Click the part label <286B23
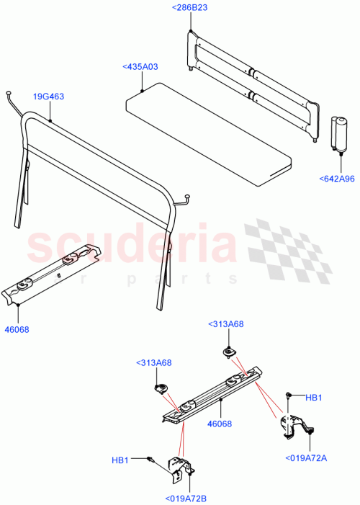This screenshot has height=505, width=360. pyautogui.click(x=190, y=7)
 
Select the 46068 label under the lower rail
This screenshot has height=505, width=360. pyautogui.click(x=220, y=424)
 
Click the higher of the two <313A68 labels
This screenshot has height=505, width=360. pyautogui.click(x=225, y=324)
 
